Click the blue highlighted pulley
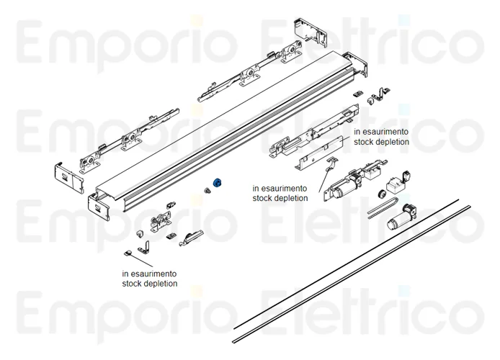[218, 183]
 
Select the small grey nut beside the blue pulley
[207, 191]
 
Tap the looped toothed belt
[383, 207]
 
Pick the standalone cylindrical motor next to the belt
[401, 217]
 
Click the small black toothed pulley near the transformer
[380, 194]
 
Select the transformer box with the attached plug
[398, 181]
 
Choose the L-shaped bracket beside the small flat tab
[144, 246]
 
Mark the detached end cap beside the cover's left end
[69, 178]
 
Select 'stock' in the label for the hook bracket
[262, 198]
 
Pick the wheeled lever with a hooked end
[191, 238]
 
